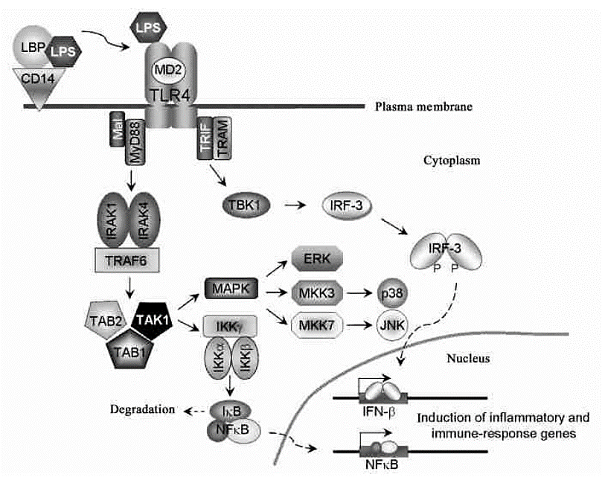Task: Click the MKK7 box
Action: pos(316,324)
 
